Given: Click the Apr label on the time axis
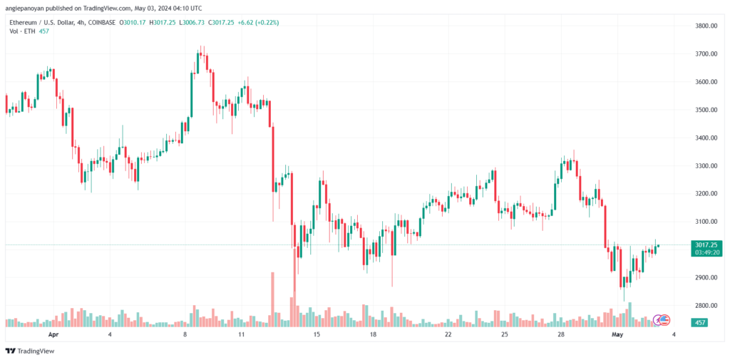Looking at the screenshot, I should pyautogui.click(x=52, y=334).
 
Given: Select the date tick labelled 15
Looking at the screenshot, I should pyautogui.click(x=317, y=334).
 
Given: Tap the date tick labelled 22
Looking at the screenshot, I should pyautogui.click(x=448, y=334).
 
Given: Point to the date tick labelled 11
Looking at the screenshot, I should pyautogui.click(x=242, y=334).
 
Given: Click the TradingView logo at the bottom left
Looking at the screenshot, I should pyautogui.click(x=30, y=351).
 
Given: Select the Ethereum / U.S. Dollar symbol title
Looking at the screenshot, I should pyautogui.click(x=39, y=23).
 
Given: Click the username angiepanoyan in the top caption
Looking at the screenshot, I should pyautogui.click(x=29, y=9).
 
